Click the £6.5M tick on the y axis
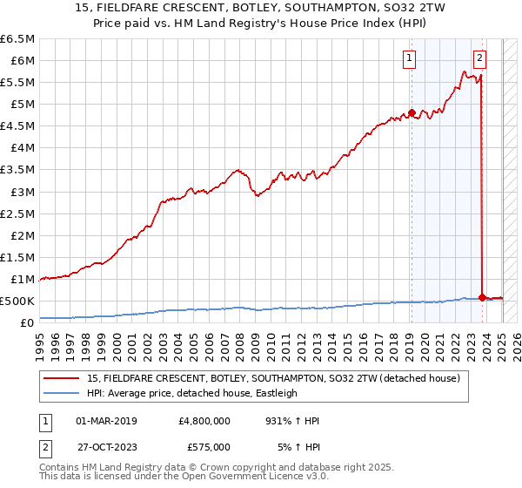tap(17, 39)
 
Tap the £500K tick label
tap(17, 301)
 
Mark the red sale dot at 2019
tap(412, 112)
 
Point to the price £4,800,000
tap(204, 421)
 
